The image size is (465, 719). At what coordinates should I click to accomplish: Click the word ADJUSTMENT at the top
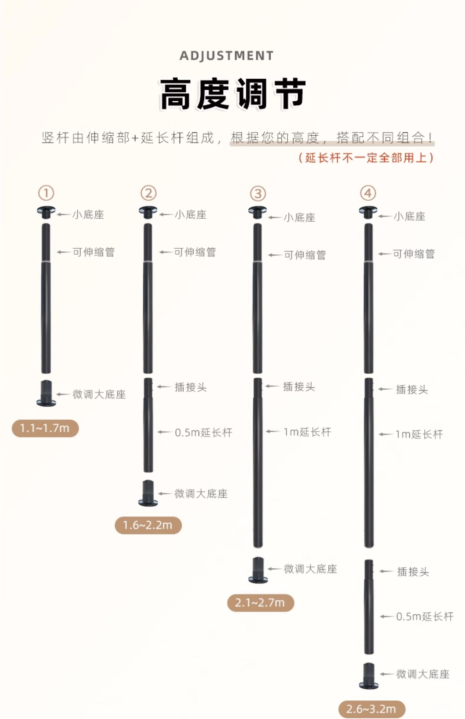tap(227, 56)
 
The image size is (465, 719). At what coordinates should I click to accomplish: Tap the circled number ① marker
tap(46, 193)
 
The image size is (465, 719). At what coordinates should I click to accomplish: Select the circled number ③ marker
tap(258, 194)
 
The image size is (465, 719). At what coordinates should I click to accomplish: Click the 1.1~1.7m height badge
tap(45, 428)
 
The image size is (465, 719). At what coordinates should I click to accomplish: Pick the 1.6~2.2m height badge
tap(148, 525)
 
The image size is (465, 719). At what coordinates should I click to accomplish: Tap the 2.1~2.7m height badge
tap(260, 603)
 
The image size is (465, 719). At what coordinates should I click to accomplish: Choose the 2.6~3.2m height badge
tap(371, 709)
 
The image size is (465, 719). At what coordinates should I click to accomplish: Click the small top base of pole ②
tap(148, 212)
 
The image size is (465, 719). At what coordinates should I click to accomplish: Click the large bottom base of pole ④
tap(369, 676)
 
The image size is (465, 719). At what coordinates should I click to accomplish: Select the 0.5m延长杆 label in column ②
tap(203, 433)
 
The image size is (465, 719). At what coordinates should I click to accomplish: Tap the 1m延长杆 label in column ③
tap(307, 432)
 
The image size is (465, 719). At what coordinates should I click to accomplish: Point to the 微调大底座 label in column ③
tap(310, 569)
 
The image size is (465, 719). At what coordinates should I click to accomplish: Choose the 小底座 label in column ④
tap(410, 216)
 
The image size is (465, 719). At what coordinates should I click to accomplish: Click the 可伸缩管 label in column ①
tap(94, 252)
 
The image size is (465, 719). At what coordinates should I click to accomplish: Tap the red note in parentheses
tap(366, 158)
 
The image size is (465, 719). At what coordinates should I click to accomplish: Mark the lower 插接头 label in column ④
tap(413, 572)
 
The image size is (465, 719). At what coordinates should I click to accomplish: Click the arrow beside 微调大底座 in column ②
tap(165, 494)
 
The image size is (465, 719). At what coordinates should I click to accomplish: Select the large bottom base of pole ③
tap(258, 570)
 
